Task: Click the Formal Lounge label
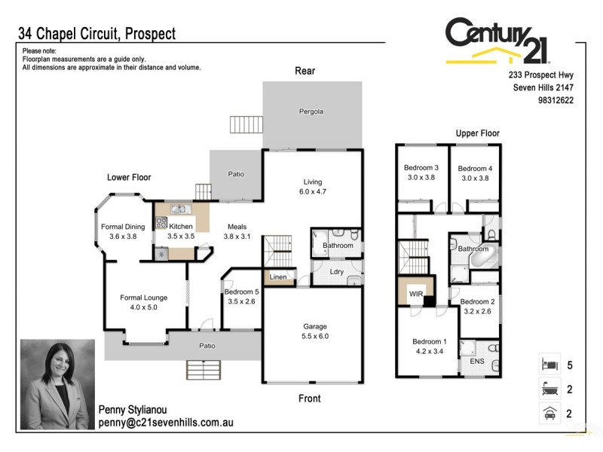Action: coord(143,298)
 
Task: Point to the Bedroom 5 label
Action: coord(240,292)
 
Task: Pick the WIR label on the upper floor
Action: coord(415,292)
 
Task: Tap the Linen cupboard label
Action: coord(278,277)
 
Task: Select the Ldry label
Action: coord(338,272)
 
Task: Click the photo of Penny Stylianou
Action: coord(57,384)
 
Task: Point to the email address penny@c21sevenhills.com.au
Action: coord(166,423)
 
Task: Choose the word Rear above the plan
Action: coord(305,71)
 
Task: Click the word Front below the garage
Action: coord(309,399)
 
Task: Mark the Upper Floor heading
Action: coord(477,133)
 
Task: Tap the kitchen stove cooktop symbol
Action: coord(161,223)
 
